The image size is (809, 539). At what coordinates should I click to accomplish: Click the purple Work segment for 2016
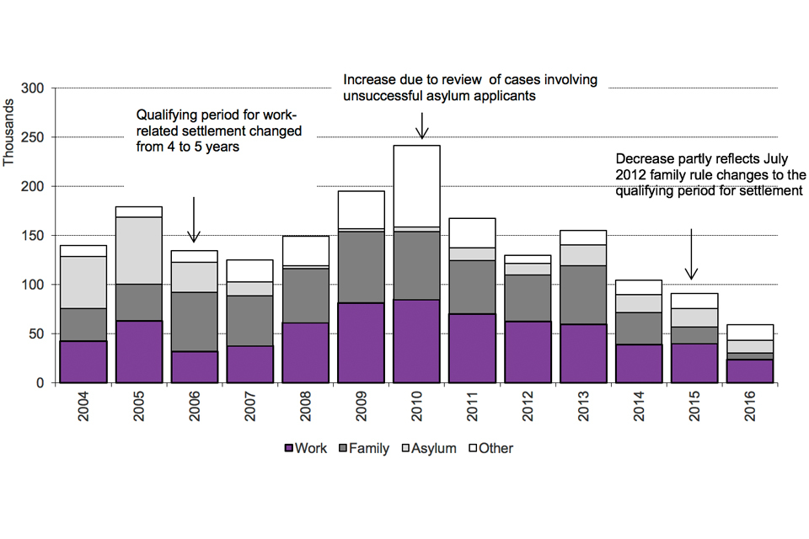[750, 371]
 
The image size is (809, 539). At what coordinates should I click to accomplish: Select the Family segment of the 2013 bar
[583, 295]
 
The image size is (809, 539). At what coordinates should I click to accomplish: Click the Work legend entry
[307, 448]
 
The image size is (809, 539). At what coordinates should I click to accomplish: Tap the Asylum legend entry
[429, 448]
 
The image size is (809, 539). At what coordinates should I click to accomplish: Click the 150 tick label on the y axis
[38, 235]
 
